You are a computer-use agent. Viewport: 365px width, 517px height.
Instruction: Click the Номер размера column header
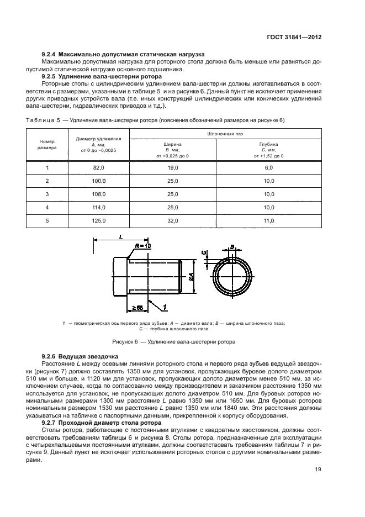(47, 145)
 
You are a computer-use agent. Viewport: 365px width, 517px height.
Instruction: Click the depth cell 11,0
(269, 220)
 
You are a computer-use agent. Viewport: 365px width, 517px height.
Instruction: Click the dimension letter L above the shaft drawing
(120, 236)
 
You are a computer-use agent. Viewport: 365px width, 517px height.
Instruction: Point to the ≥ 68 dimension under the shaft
(136, 307)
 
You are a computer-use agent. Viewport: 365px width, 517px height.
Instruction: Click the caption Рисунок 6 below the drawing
(174, 341)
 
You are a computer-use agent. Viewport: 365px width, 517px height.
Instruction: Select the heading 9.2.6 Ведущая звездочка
(81, 357)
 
